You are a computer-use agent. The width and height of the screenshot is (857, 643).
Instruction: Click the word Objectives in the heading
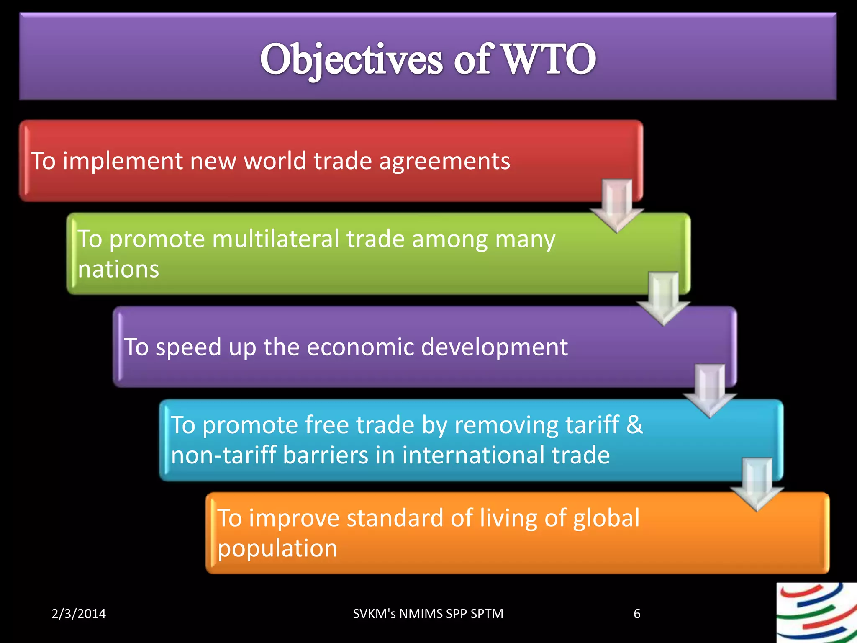coord(351,60)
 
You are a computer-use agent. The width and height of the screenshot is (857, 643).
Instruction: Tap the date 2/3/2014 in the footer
coord(79,614)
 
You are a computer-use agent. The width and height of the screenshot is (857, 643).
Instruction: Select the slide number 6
coord(637,614)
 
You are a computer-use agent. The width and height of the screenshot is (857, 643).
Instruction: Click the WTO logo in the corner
coord(816,613)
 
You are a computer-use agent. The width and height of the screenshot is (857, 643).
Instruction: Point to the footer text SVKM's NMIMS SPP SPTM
coord(428,614)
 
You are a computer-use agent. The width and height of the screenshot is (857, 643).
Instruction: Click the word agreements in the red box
coord(444,161)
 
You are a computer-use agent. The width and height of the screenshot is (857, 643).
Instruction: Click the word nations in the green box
coord(118,269)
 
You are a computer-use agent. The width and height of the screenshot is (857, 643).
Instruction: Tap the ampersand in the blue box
coord(634,424)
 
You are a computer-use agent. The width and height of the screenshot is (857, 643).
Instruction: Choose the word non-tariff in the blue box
coord(223,455)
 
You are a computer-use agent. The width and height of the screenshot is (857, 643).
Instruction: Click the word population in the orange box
coord(277,549)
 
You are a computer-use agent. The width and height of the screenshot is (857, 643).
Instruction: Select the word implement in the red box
coord(123,161)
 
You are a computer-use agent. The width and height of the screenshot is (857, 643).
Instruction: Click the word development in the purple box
coord(494,347)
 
